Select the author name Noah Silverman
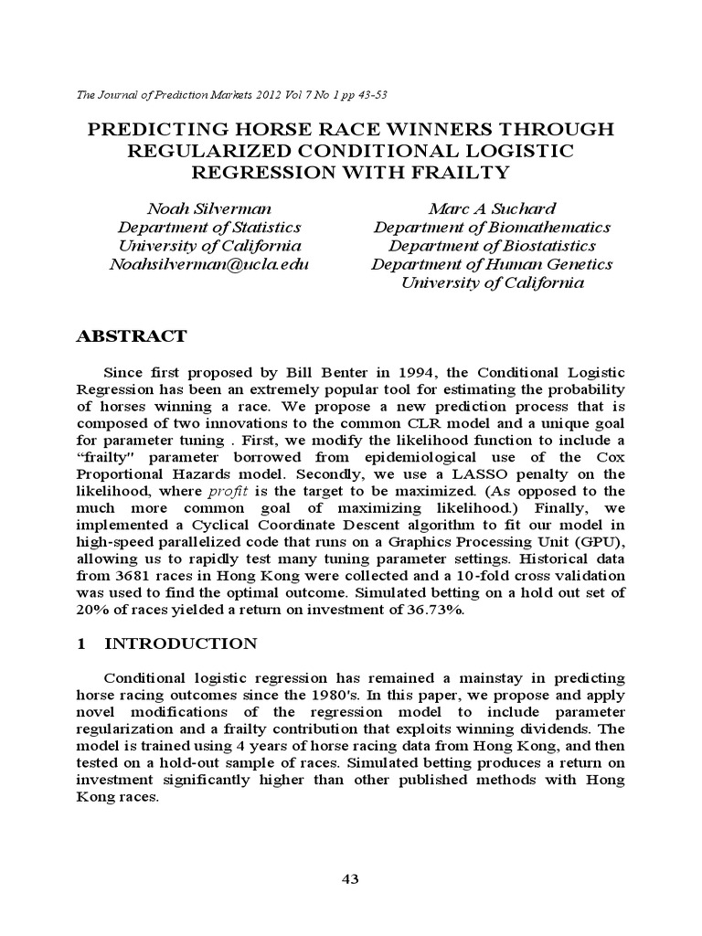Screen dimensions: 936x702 (x=209, y=207)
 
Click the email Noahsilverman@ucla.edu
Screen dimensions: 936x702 (x=209, y=264)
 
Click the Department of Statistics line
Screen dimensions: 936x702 (x=209, y=227)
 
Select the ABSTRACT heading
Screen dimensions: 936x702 (x=130, y=336)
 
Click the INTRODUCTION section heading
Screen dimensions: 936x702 (x=181, y=643)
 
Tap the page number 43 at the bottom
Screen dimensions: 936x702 (x=350, y=879)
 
